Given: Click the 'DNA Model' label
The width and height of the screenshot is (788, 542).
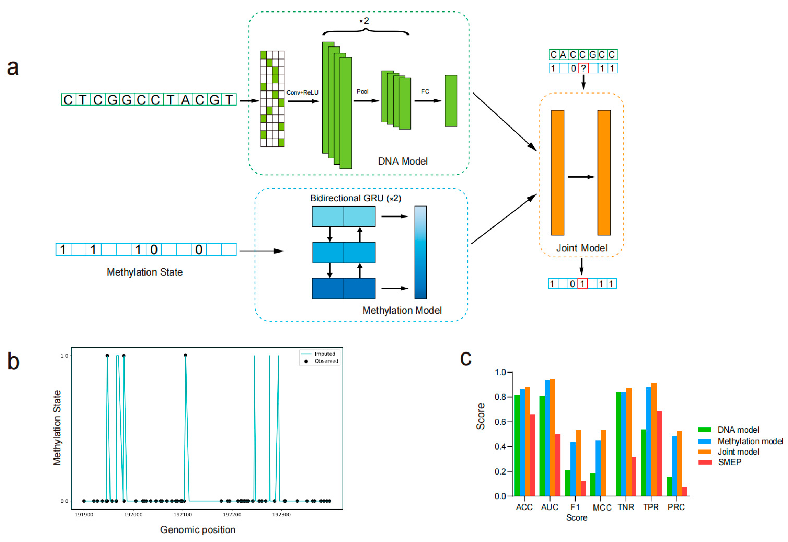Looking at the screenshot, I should [x=403, y=161].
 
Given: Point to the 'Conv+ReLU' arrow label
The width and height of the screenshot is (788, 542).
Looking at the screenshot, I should [x=302, y=93].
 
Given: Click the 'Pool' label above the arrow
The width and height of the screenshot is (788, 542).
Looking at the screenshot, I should [x=362, y=92].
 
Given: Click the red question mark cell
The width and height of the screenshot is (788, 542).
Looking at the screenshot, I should [x=583, y=69].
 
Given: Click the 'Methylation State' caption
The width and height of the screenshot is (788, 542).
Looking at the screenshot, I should [x=145, y=272].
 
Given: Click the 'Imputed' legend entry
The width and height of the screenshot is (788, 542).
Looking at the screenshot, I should [x=324, y=354].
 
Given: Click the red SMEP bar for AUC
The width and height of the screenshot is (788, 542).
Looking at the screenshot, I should [x=558, y=465].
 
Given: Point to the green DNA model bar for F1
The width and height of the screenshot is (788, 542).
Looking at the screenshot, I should [x=568, y=483].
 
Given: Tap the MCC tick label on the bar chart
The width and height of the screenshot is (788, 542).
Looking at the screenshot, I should [x=602, y=508].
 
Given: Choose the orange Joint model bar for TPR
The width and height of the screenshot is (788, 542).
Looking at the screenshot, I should [x=654, y=440].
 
